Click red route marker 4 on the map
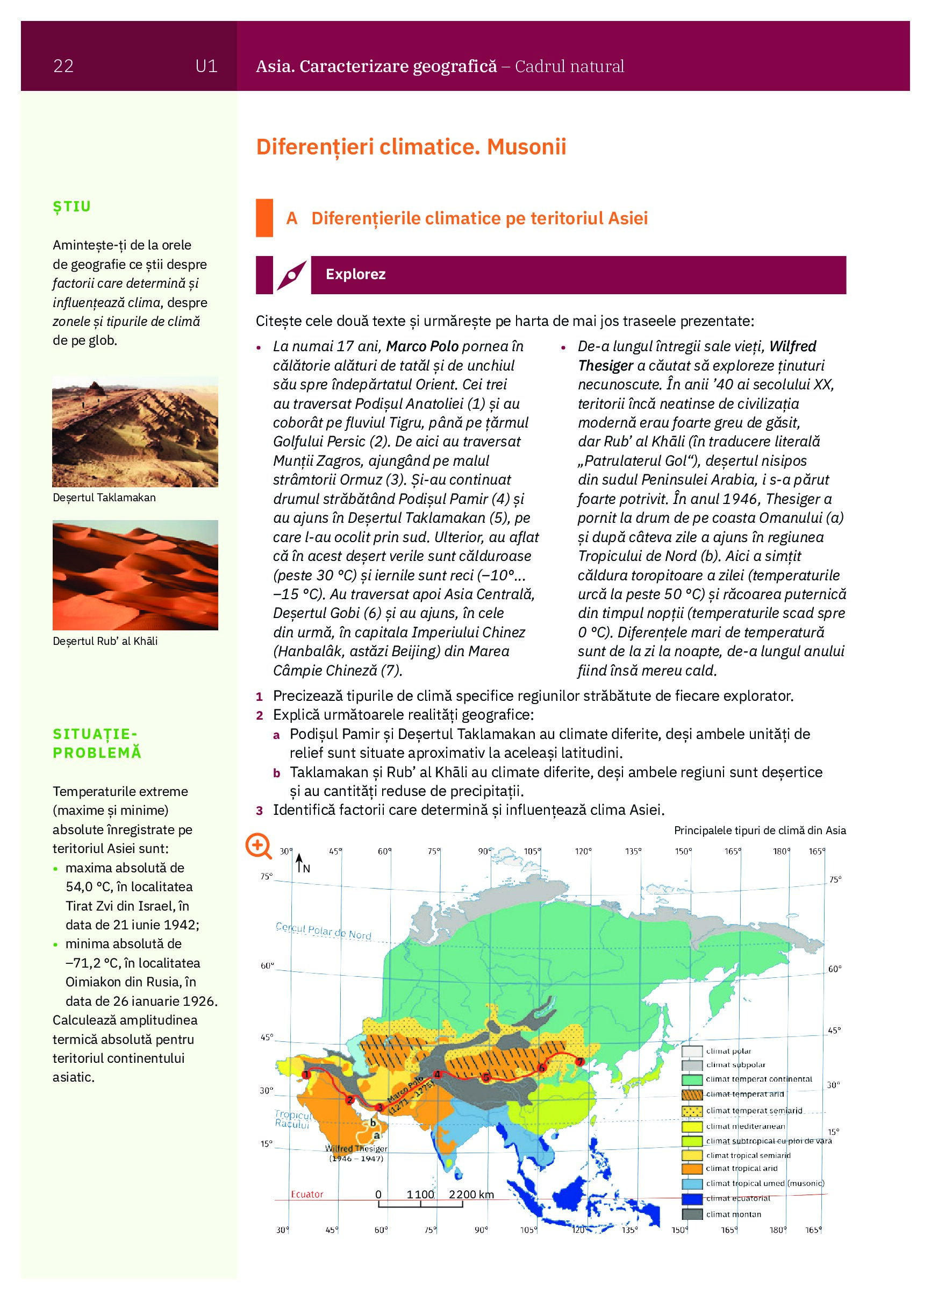(x=438, y=1074)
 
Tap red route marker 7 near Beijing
(x=580, y=1062)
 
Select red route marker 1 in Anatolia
(x=306, y=1074)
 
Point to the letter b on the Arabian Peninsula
(x=373, y=1123)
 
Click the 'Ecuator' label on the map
(x=306, y=1195)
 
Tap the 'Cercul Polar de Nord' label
(x=323, y=931)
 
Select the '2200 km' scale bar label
(x=471, y=1195)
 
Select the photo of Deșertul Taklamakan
(x=135, y=431)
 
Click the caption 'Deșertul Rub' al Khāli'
(x=105, y=641)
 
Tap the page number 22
(x=63, y=67)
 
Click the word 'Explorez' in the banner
(x=355, y=274)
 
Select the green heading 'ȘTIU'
(x=71, y=207)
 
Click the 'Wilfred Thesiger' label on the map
(x=356, y=1149)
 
